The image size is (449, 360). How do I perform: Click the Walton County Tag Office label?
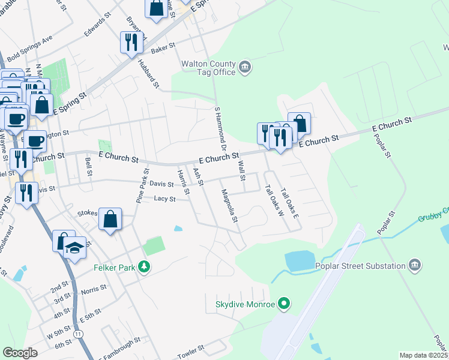pos(209,66)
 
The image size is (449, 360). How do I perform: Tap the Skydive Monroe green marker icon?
pos(286,304)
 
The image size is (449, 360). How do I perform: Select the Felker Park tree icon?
pos(143,266)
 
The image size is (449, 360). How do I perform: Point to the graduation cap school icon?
pos(74,247)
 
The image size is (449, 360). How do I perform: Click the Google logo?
pos(20,353)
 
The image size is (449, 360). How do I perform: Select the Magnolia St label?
pos(229,206)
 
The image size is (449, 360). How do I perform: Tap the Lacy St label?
pos(164,199)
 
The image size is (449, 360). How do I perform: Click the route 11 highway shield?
pos(77,332)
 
